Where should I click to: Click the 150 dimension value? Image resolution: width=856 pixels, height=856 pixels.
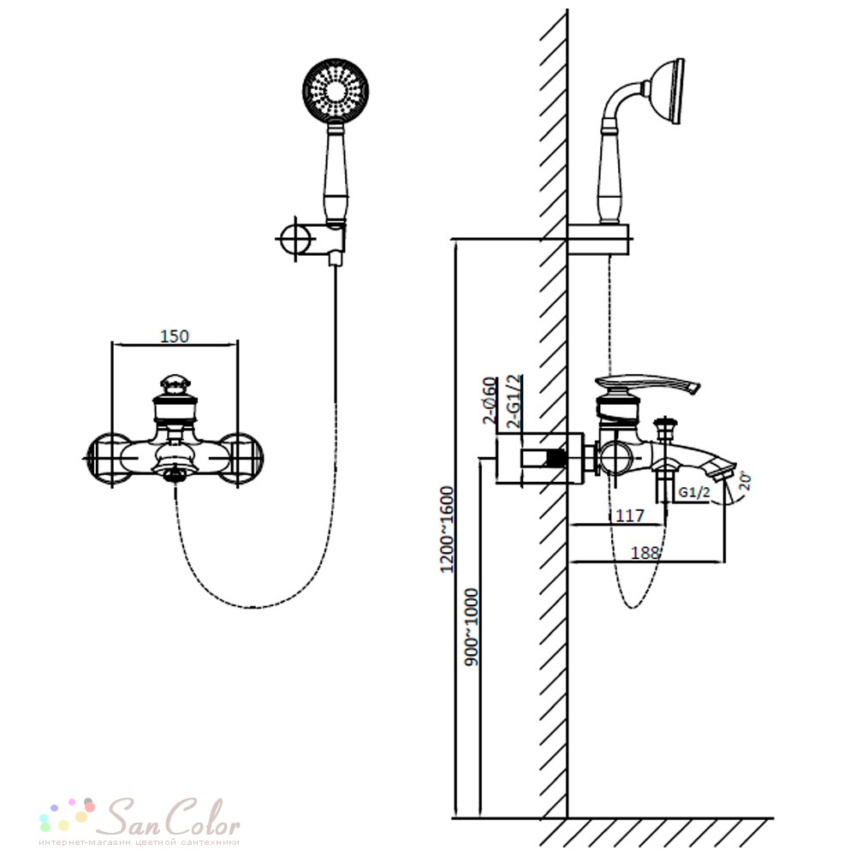175,336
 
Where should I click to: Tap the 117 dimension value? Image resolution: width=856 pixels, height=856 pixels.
629,515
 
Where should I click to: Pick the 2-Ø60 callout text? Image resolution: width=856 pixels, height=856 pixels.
490,401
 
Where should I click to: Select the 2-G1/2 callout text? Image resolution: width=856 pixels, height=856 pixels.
514,400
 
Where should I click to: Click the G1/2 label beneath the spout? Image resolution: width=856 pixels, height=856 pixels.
694,492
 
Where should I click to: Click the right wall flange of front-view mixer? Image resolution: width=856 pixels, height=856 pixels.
244,459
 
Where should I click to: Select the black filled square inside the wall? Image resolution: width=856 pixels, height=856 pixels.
556,459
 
